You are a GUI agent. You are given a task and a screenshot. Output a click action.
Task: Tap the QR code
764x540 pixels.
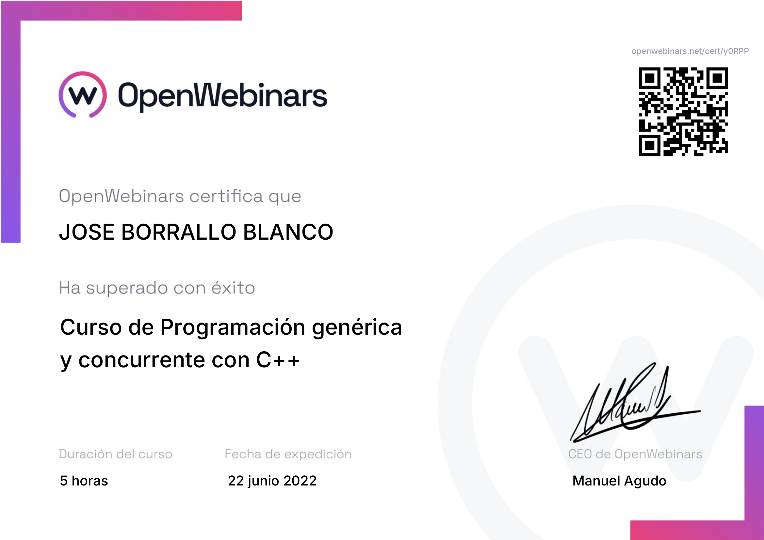683,112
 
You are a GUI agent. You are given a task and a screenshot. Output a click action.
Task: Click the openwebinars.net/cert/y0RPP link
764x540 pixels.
690,51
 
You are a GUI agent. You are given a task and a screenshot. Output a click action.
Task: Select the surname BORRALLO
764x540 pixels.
179,232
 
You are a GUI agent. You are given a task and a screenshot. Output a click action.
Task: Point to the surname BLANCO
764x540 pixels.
288,232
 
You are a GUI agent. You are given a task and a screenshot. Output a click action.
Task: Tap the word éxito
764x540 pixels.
233,288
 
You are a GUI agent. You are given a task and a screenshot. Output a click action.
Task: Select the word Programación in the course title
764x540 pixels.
233,328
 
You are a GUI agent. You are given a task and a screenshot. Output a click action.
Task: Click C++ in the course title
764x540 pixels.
278,360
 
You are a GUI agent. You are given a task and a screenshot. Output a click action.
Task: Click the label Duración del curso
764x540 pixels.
115,454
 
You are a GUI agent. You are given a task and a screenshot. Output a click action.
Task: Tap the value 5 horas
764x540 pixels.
84,481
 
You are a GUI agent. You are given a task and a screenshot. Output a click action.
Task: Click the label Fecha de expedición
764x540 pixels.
288,454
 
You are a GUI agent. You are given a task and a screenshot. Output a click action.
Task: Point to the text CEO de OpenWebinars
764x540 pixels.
635,454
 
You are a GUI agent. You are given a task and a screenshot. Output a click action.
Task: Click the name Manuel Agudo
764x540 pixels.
619,481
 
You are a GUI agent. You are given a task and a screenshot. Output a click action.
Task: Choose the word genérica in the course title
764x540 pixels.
357,328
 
